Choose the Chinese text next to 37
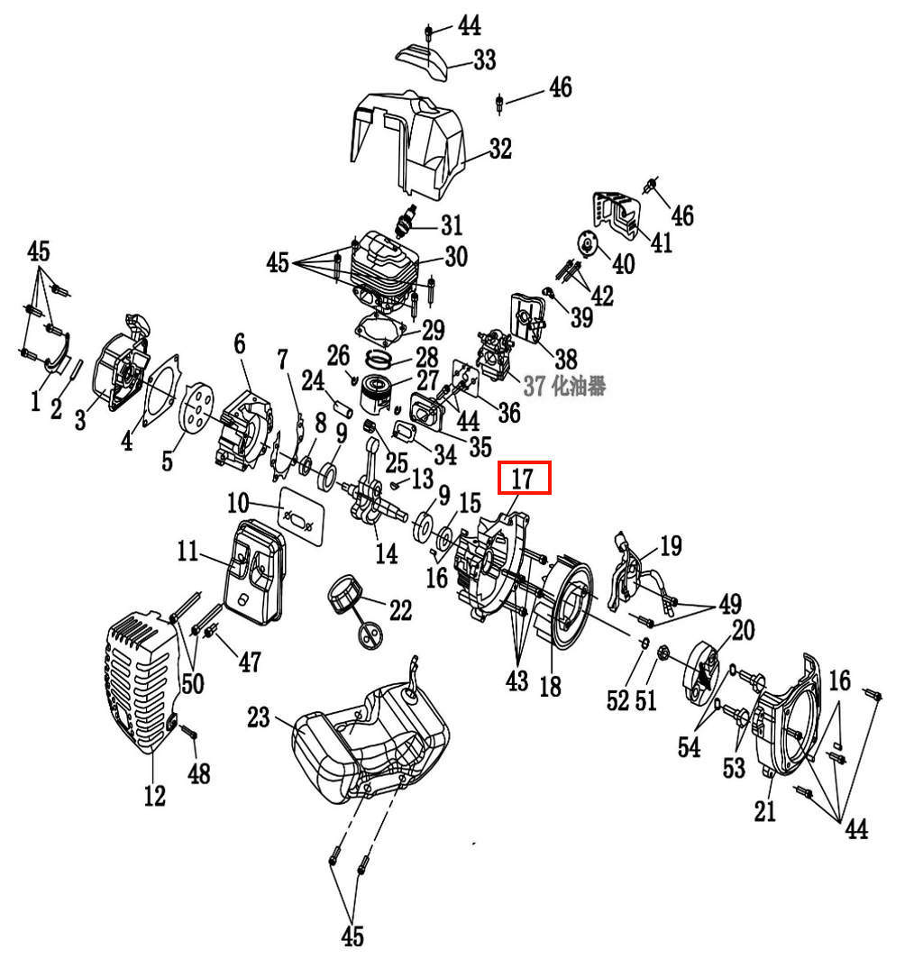pyautogui.click(x=579, y=387)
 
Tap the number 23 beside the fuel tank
pyautogui.click(x=259, y=717)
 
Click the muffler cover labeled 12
pyautogui.click(x=142, y=682)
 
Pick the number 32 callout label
pyautogui.click(x=500, y=149)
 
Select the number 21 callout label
pyautogui.click(x=765, y=810)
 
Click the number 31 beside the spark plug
pyautogui.click(x=452, y=225)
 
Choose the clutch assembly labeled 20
pyautogui.click(x=702, y=673)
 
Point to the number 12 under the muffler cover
pyautogui.click(x=155, y=796)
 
